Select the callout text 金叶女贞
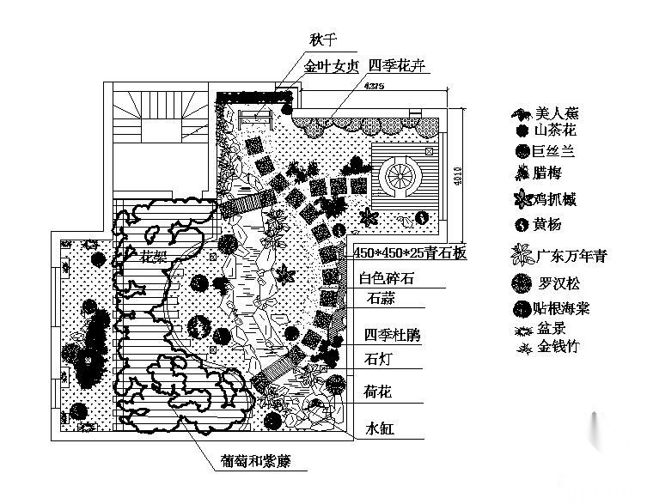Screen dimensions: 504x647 pos(331,67)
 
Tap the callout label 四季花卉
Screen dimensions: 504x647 pos(394,66)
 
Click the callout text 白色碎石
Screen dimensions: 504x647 pos(387,278)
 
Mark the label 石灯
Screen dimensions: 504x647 pos(377,359)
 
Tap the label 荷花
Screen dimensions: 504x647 pos(378,392)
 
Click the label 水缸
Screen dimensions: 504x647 pos(378,428)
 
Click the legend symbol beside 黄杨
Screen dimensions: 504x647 pos(521,226)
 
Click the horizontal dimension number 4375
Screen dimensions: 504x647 pos(374,87)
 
